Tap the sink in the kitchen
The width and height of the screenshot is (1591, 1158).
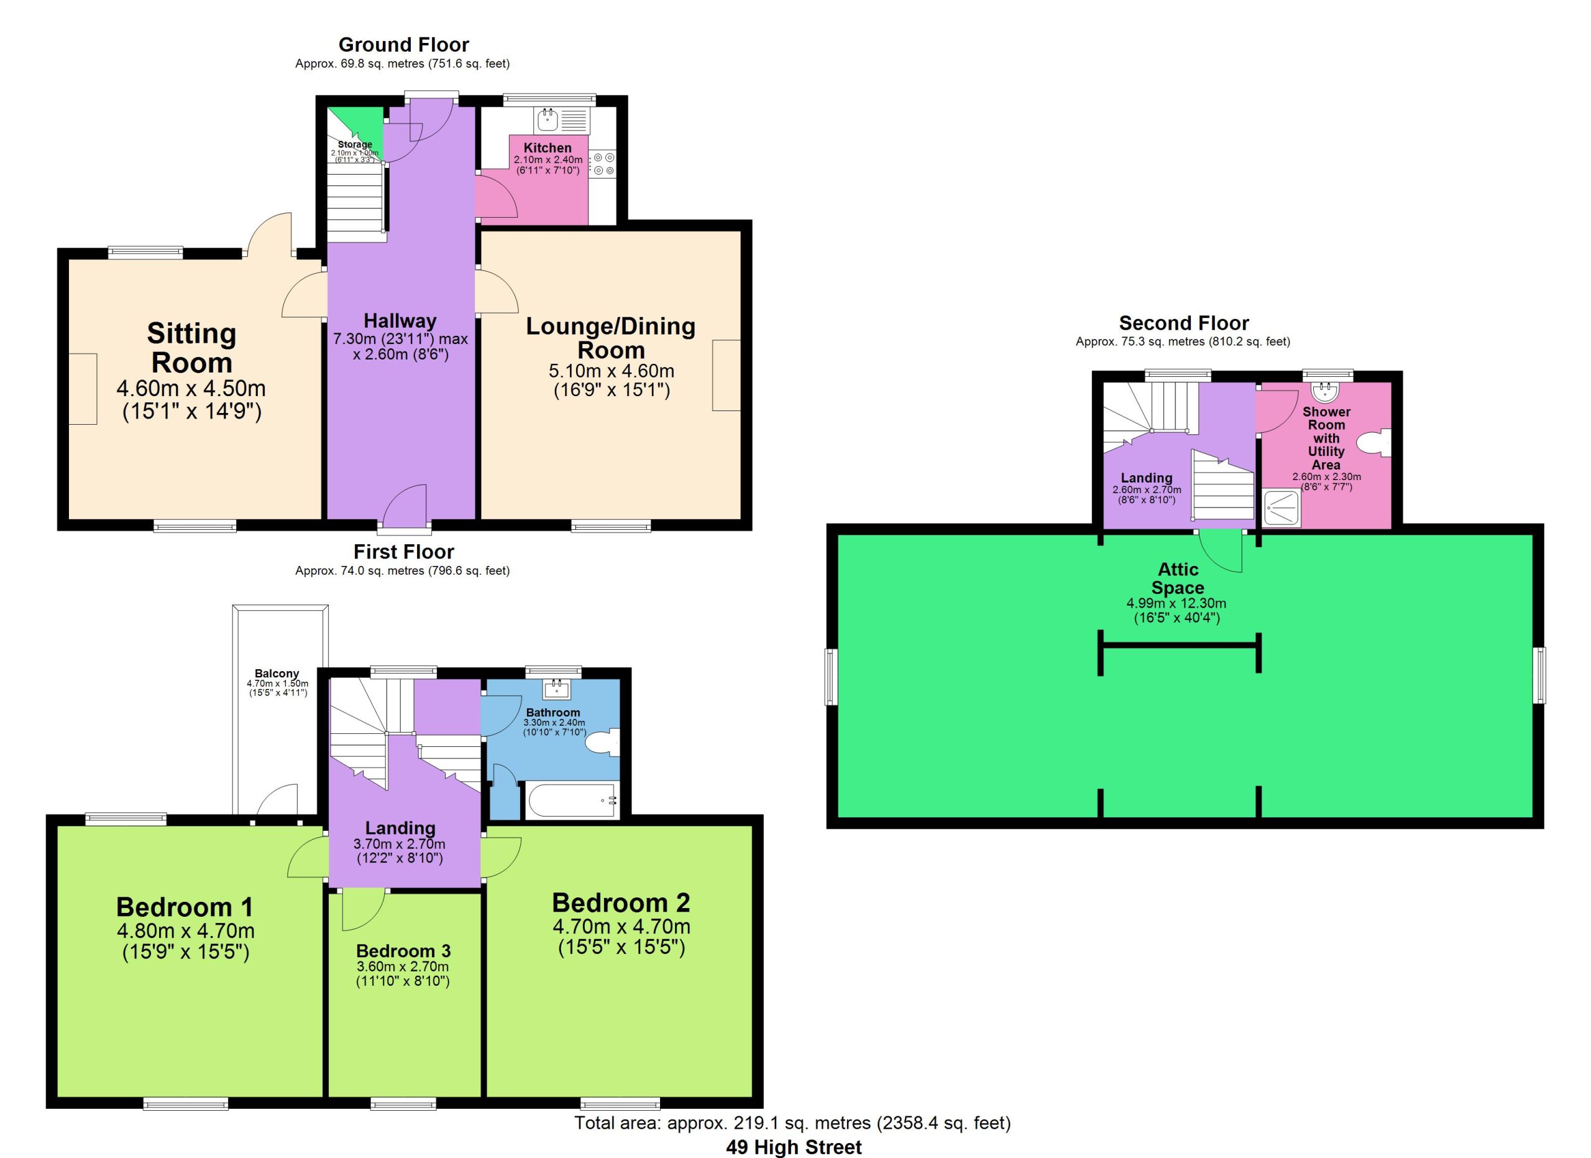tap(547, 121)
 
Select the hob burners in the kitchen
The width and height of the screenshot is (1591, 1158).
tap(603, 164)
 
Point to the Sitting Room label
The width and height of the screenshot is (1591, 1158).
tap(191, 348)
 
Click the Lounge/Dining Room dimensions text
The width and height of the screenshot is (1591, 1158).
tap(612, 381)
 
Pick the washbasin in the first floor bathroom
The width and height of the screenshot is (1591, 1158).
tap(557, 689)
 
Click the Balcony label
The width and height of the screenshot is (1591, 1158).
tap(277, 674)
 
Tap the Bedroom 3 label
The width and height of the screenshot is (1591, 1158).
tap(403, 951)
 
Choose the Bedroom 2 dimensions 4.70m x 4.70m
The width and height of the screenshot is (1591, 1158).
tap(621, 927)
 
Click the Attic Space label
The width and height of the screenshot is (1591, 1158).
tap(1178, 578)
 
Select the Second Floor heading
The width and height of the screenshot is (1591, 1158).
tap(1184, 323)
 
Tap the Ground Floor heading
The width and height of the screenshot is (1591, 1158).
tap(403, 45)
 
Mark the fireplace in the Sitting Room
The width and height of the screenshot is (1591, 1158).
tap(83, 389)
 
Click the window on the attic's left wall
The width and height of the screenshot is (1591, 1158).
tap(832, 677)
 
